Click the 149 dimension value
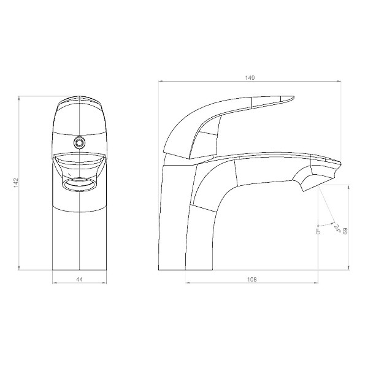coord(250,78)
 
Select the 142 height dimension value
coord(16,183)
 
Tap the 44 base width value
coord(80,279)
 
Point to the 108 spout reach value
coord(252,279)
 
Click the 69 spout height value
coord(345,231)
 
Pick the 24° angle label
coord(337,228)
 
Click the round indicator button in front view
coord(79,142)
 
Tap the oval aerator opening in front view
coord(79,184)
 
